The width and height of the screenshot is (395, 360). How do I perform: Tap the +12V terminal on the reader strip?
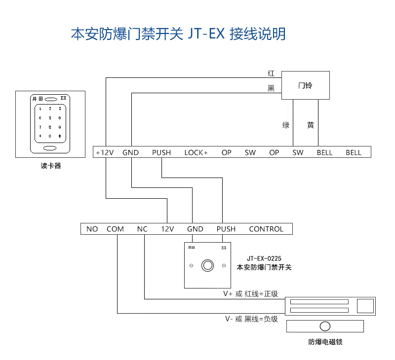(x=105, y=152)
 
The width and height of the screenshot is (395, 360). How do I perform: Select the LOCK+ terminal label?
(x=196, y=152)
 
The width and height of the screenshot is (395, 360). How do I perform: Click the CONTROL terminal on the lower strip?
(x=266, y=229)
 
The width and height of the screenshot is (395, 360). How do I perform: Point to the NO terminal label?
(x=92, y=229)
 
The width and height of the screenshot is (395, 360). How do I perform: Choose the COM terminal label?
(x=115, y=229)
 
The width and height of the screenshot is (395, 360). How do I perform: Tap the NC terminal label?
(x=142, y=229)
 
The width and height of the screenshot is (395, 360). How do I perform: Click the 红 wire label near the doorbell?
(x=271, y=73)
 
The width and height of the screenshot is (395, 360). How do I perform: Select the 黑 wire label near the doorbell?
(x=271, y=88)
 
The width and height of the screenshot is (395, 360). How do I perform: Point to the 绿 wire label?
(x=286, y=125)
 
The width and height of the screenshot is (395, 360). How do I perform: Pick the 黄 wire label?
(x=311, y=125)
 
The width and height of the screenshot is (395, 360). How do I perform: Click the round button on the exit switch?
(x=207, y=265)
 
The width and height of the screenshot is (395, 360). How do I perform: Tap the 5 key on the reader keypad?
(x=50, y=118)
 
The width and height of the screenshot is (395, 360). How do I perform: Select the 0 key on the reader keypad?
(x=50, y=136)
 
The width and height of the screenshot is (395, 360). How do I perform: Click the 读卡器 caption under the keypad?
(x=51, y=166)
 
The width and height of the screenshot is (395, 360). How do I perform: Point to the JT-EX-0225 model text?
(x=264, y=258)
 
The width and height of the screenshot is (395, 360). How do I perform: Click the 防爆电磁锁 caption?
(x=325, y=342)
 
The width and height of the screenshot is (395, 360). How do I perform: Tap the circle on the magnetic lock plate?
(x=325, y=326)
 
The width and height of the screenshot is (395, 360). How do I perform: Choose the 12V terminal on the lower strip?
(x=167, y=229)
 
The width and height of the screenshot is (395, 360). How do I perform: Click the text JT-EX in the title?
(x=206, y=34)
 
